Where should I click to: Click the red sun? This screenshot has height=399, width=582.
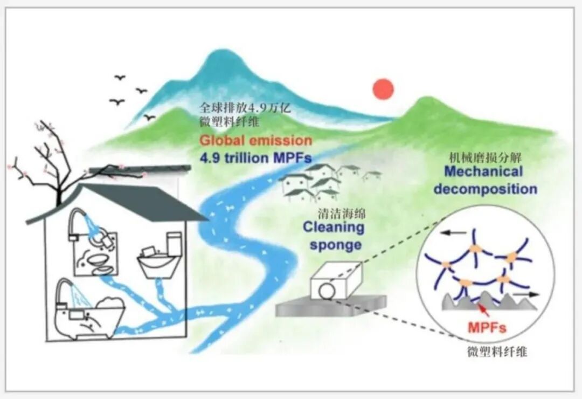tap(383, 89)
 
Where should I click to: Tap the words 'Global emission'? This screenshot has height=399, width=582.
tap(256, 140)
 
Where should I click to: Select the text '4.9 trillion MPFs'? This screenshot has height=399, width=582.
tap(255, 158)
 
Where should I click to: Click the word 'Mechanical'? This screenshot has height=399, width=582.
tap(483, 171)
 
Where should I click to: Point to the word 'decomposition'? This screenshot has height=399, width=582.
tap(486, 189)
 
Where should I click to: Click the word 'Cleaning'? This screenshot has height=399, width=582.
tap(334, 227)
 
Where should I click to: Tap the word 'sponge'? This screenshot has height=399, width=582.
tap(336, 245)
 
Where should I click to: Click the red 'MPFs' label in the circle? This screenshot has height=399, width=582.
tap(487, 327)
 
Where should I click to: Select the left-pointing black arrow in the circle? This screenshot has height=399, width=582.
tap(453, 233)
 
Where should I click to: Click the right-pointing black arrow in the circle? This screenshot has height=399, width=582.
tap(525, 294)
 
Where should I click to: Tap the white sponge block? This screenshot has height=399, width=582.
tap(336, 280)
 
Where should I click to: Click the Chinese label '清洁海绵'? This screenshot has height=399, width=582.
tap(342, 214)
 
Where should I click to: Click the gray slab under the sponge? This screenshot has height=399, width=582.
tap(331, 306)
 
